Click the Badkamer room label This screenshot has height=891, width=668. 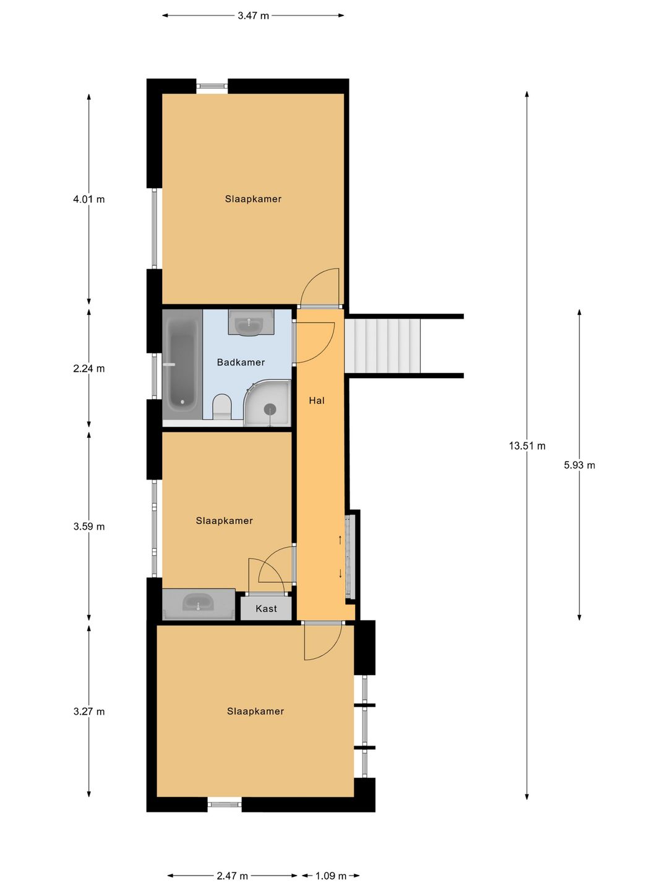tap(241, 362)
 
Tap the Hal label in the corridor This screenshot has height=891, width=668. tap(317, 401)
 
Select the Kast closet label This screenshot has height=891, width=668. tap(266, 608)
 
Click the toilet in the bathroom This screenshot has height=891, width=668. tap(222, 407)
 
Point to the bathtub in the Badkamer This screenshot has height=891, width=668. tap(182, 364)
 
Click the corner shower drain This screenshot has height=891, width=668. tap(270, 409)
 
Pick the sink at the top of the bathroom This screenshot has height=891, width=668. tap(250, 323)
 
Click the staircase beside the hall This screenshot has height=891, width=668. tap(382, 346)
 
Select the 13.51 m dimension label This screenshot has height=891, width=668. tap(527, 445)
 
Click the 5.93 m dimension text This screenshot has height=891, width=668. tap(579, 465)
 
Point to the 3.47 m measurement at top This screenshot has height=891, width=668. tap(253, 16)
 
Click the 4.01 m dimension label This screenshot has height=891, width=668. tap(89, 199)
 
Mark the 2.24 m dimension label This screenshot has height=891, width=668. tap(89, 369)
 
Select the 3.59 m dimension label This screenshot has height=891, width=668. tap(89, 527)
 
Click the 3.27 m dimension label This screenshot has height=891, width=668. tap(89, 712)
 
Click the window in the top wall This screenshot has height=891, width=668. tap(212, 86)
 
